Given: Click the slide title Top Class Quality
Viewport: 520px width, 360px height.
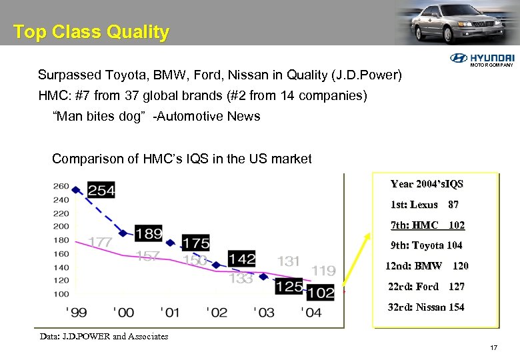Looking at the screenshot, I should (91, 32).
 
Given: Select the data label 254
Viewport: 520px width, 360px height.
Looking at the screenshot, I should (101, 191).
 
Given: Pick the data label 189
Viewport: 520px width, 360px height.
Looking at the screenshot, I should (148, 233).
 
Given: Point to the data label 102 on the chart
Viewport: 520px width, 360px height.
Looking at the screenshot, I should (321, 292).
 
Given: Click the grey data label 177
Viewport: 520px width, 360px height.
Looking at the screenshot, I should (100, 242).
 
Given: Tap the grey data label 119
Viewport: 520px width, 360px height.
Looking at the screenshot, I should (323, 270).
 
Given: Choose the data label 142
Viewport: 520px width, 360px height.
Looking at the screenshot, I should (241, 259).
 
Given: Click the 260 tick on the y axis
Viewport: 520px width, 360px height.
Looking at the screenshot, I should (61, 186).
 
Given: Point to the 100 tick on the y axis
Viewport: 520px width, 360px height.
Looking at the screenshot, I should (61, 293).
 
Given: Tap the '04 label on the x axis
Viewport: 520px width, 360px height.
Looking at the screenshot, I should (311, 312).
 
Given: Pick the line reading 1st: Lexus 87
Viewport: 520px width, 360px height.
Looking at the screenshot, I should (424, 205).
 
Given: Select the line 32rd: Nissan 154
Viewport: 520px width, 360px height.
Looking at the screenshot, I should (426, 307).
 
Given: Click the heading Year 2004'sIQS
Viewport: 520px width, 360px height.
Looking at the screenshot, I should (427, 184).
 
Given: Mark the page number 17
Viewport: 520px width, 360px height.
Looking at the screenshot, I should (493, 347).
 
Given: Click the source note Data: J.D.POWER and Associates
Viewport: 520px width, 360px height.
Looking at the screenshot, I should (104, 336).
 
